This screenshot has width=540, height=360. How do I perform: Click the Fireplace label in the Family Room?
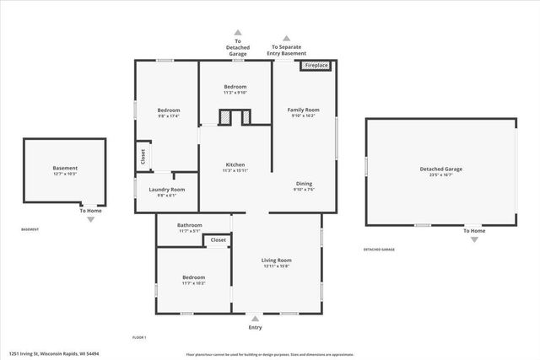click(316, 66)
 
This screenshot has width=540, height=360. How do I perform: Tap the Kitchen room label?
click(235, 164)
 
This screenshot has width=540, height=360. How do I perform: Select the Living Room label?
click(276, 261)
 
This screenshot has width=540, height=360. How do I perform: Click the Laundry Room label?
click(166, 189)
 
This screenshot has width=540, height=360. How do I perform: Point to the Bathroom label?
click(189, 225)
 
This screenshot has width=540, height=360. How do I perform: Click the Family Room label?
click(303, 110)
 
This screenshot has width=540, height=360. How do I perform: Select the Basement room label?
click(65, 169)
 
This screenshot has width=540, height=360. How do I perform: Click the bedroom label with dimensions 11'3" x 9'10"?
click(235, 87)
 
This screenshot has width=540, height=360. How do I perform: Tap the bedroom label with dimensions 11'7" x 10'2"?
click(194, 277)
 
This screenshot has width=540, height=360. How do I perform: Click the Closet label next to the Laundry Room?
click(143, 156)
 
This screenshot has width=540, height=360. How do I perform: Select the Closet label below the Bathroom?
click(218, 240)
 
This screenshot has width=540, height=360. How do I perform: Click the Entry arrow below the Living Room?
click(255, 318)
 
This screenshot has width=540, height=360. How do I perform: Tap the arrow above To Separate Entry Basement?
click(286, 38)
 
